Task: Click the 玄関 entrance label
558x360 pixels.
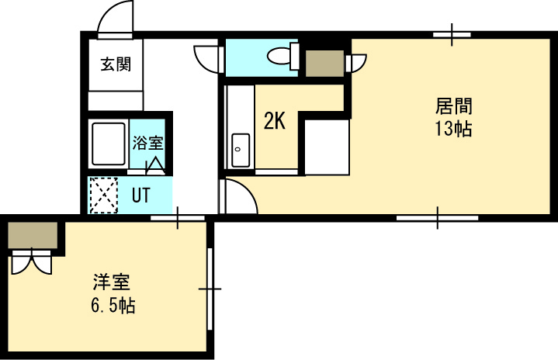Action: pos(116,64)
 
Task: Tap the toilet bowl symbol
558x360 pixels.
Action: pos(283,56)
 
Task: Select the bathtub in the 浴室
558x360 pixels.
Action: pos(109,144)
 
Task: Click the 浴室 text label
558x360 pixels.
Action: pos(148,142)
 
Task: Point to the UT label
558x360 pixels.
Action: pos(141,195)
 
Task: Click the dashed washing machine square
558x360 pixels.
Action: pos(103,195)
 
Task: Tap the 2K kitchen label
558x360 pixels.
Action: pos(275,121)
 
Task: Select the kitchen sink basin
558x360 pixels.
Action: pos(241,151)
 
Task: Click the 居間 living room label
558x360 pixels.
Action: pos(454,106)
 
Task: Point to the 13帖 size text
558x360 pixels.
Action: pos(454,129)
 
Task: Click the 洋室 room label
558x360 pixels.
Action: pos(112,282)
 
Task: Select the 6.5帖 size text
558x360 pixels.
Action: pos(113,305)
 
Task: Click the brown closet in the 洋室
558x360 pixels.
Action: pos(33,235)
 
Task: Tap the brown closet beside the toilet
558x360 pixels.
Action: pos(325,64)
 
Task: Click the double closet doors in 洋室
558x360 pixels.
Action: pos(32,261)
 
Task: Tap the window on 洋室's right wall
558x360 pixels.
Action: pos(210,289)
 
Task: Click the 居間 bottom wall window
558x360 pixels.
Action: pos(438,218)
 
